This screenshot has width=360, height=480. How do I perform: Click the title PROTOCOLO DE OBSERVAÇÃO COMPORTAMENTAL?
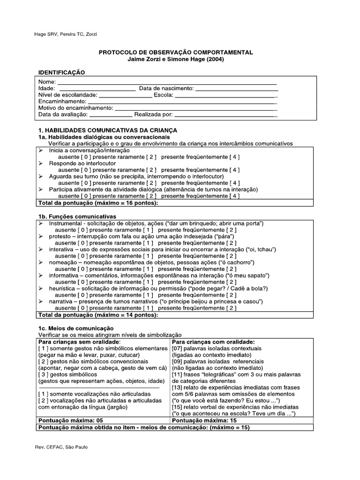click(175, 52)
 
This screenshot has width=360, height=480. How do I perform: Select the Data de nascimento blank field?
click(237, 88)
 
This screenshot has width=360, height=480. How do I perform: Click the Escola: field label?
click(163, 95)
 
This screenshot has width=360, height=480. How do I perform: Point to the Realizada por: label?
click(153, 114)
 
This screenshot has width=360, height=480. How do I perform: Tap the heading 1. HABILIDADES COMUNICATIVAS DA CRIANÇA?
click(107, 130)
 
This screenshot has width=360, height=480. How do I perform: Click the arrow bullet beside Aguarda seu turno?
click(41, 176)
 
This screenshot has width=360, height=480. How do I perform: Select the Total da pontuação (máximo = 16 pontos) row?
click(98, 202)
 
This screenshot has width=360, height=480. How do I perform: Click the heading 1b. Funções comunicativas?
click(77, 217)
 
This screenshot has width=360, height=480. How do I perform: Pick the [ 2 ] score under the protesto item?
click(231, 243)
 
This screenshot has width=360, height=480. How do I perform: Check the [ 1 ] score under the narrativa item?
click(147, 308)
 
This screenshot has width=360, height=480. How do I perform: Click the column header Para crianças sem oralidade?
click(79, 342)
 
